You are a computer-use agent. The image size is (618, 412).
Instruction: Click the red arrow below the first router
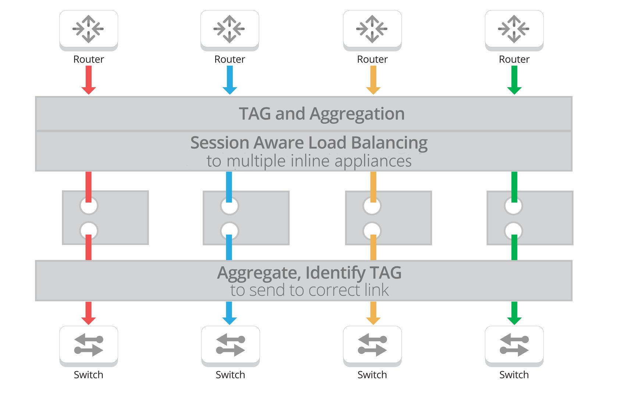(x=89, y=79)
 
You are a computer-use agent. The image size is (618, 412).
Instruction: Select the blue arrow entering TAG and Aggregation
(x=230, y=79)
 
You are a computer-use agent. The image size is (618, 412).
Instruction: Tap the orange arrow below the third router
(x=373, y=79)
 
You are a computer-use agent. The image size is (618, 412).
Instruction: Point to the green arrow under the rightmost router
(x=514, y=79)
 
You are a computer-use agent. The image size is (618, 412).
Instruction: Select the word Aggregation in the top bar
(x=357, y=114)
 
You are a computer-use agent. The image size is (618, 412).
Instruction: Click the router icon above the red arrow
(x=89, y=29)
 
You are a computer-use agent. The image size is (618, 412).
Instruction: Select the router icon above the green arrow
(x=514, y=29)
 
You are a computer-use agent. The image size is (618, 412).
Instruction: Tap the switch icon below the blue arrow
(x=230, y=345)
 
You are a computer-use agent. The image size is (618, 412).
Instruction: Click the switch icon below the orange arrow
(x=372, y=345)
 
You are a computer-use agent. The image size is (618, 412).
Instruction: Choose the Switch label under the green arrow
(x=514, y=375)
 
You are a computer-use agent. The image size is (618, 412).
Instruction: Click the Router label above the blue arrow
(x=230, y=59)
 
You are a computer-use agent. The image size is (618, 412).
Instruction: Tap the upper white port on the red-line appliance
(x=89, y=206)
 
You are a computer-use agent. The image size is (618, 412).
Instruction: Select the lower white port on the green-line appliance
(x=514, y=231)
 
